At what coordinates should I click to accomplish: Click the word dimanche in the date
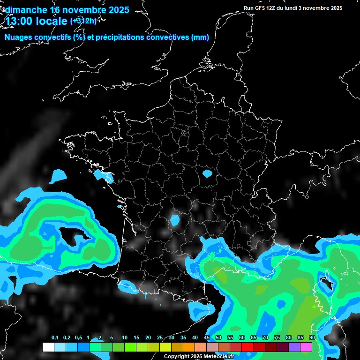[25, 10]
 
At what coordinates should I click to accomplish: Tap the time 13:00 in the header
[19, 21]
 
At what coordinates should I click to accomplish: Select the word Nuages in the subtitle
[19, 37]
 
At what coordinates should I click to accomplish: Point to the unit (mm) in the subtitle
[200, 37]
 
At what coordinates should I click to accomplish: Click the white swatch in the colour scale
[48, 347]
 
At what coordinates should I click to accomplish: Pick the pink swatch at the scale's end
[306, 347]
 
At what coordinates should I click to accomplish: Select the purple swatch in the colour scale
[294, 347]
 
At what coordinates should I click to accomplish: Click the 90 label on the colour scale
[312, 338]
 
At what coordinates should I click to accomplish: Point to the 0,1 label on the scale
[55, 338]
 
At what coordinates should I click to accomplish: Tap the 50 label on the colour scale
[218, 338]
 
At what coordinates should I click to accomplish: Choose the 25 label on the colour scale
[160, 338]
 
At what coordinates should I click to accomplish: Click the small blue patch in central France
[207, 174]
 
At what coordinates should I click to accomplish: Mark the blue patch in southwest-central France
[175, 220]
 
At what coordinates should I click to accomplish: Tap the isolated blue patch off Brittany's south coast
[59, 176]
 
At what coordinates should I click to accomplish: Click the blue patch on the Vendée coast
[103, 176]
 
